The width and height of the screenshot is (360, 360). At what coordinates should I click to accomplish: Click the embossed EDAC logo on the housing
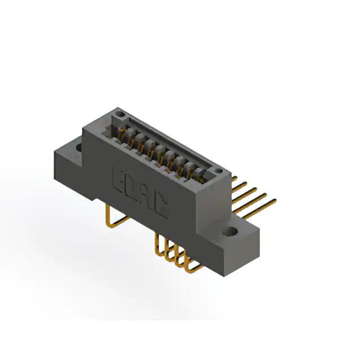point(141,192)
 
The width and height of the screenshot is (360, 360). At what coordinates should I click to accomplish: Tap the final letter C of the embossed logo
point(164,207)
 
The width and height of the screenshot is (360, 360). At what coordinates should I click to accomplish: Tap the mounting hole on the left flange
point(79,147)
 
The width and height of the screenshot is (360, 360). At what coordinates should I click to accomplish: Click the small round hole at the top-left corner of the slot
point(119,114)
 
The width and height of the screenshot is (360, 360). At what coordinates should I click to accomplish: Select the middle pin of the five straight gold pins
point(245,195)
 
